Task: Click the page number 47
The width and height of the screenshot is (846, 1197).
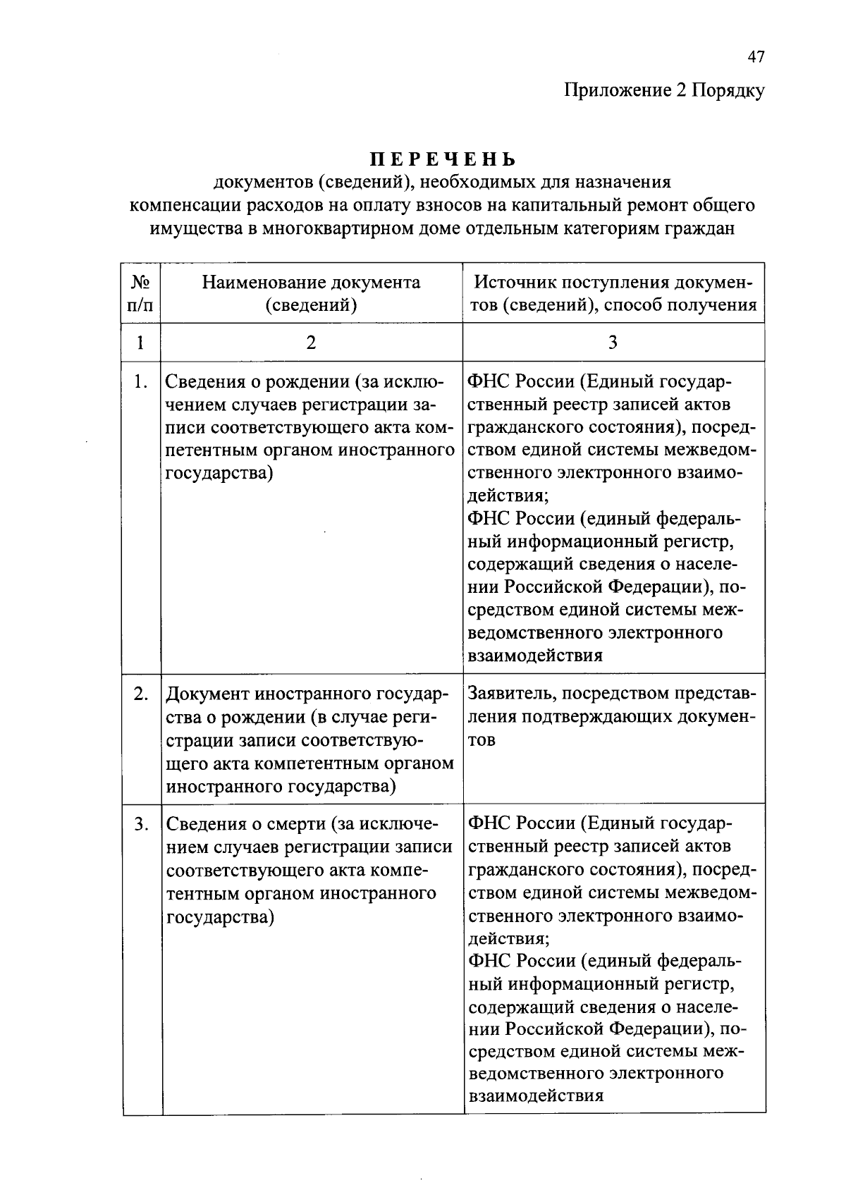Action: pos(756,57)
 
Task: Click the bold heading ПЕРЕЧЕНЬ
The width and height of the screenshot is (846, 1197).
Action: pos(443,159)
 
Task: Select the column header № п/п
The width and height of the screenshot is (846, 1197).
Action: pos(141,293)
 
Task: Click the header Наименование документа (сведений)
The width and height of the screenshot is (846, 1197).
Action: pos(311,293)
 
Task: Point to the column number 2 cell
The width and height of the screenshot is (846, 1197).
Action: pos(311,343)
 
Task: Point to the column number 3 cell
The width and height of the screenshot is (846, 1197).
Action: pos(613,343)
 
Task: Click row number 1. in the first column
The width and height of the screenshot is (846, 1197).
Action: pos(141,382)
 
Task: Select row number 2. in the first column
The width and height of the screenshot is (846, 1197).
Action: pos(141,694)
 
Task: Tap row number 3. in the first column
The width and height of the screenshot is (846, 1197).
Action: pos(141,823)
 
